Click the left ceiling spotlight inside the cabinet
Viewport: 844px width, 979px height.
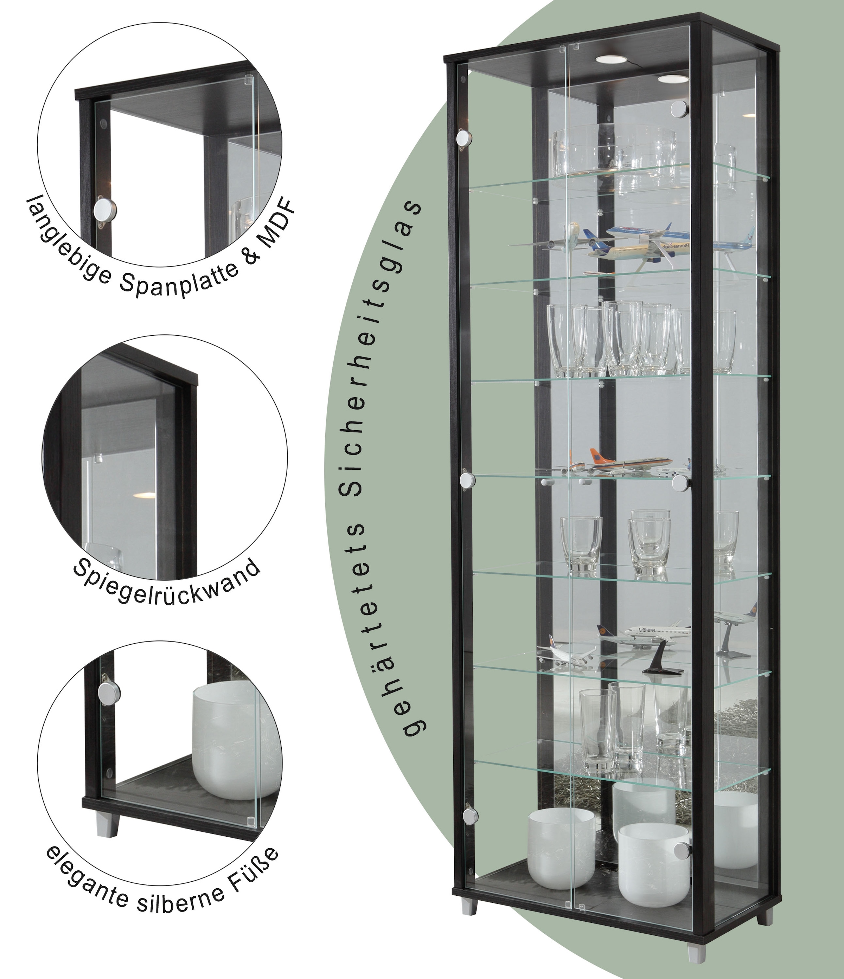(609, 59)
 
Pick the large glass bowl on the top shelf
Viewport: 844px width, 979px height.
(614, 151)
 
